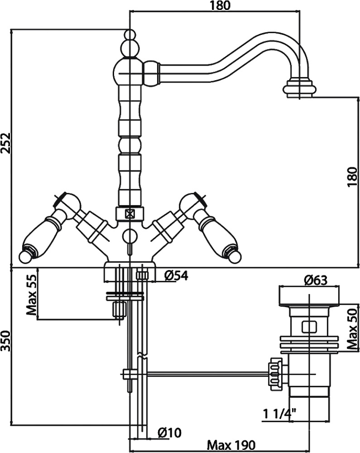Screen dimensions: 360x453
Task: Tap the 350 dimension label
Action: pyautogui.click(x=6, y=341)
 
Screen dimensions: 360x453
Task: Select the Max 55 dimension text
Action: pyautogui.click(x=31, y=295)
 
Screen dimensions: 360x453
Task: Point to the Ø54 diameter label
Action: pyautogui.click(x=176, y=276)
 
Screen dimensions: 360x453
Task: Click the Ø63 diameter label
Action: pyautogui.click(x=316, y=280)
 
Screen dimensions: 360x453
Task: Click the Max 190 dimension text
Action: pyautogui.click(x=231, y=445)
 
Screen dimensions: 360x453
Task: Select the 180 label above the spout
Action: pyautogui.click(x=220, y=6)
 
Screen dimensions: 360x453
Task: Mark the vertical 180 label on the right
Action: pyautogui.click(x=352, y=177)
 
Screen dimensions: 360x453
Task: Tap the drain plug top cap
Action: pyautogui.click(x=309, y=296)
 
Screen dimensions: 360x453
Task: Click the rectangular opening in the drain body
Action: pyautogui.click(x=309, y=327)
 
